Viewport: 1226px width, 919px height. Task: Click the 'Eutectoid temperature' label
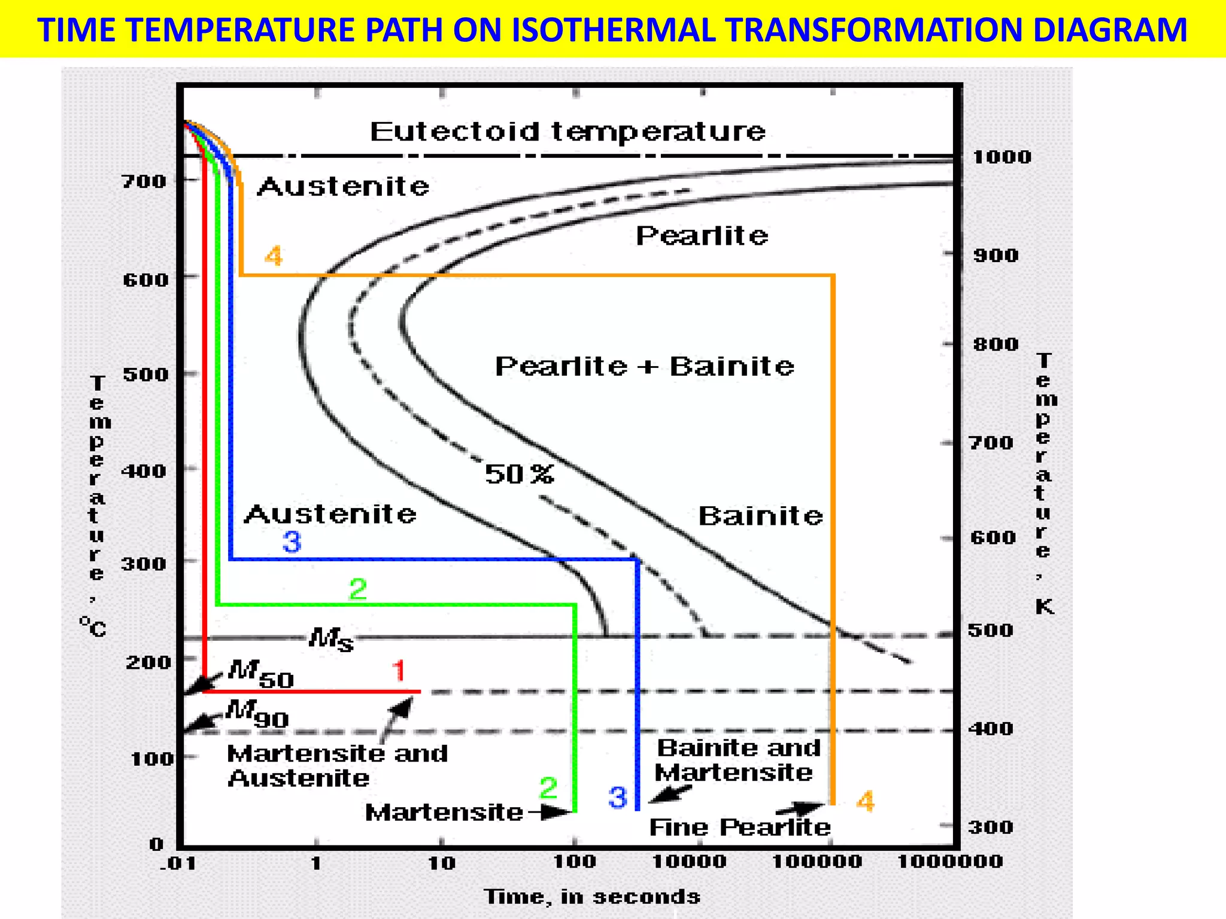click(x=568, y=131)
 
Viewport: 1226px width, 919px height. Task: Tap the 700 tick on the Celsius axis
click(x=144, y=181)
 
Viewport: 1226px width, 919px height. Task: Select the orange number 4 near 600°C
click(x=274, y=256)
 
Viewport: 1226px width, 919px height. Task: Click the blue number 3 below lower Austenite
click(x=292, y=542)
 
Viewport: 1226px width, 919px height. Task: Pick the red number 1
click(x=399, y=671)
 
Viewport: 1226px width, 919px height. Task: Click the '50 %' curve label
click(x=519, y=474)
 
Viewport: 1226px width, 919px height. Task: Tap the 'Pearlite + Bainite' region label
click(x=645, y=366)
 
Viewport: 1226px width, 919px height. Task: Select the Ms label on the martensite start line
click(x=331, y=640)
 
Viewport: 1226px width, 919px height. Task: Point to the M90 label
click(x=258, y=713)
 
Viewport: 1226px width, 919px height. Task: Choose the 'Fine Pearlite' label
click(x=740, y=827)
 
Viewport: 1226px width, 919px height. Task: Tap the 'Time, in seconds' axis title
click(x=591, y=896)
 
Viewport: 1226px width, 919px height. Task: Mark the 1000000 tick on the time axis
click(x=949, y=862)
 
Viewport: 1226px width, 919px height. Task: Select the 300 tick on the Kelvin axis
click(x=991, y=827)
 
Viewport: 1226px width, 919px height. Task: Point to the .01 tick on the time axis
click(x=178, y=863)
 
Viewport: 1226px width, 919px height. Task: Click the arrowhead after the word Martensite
click(x=560, y=812)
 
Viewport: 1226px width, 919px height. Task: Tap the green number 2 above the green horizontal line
click(x=358, y=590)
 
